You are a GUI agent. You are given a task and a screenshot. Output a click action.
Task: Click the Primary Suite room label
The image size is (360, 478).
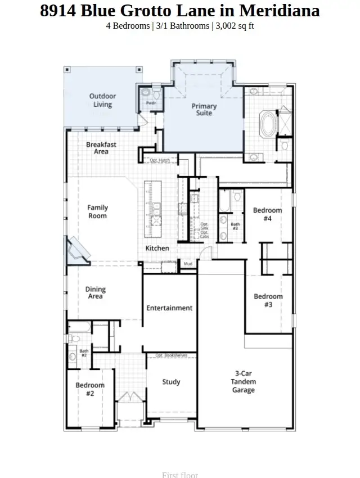click(x=204, y=110)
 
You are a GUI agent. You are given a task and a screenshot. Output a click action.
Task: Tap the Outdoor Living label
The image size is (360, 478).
click(x=102, y=100)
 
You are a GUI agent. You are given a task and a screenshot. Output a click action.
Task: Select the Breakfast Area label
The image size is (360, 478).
click(x=101, y=148)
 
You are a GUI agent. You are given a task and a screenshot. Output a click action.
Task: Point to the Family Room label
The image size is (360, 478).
click(x=97, y=211)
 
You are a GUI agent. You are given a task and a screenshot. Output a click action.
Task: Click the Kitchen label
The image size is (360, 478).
click(x=157, y=248)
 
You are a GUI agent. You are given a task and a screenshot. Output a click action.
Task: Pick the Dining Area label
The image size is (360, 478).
click(x=95, y=293)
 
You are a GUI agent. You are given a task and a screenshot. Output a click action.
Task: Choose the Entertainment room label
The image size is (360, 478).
click(x=169, y=308)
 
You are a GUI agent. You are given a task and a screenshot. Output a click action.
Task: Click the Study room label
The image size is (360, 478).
click(x=171, y=382)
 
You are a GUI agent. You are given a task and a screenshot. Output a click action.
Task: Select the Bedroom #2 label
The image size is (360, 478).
click(x=90, y=389)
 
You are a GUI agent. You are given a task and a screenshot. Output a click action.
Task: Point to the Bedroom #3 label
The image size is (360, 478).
click(x=268, y=300)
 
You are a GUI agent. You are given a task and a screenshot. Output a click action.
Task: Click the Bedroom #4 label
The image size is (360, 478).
click(x=267, y=214)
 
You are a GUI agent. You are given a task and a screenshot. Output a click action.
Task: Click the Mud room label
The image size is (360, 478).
click(x=188, y=264)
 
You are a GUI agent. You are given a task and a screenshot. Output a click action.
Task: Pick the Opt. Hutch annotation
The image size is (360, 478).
click(x=160, y=161)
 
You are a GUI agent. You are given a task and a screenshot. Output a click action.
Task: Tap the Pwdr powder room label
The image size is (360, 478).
click(x=151, y=103)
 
